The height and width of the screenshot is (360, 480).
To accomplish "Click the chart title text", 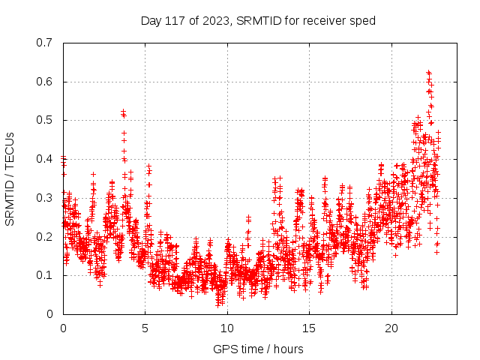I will point(258,20).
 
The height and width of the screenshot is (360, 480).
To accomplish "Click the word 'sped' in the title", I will point(363,20).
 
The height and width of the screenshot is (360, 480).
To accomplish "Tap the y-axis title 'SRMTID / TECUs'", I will point(10,178).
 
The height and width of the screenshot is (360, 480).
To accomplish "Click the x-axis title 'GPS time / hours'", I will point(258,349).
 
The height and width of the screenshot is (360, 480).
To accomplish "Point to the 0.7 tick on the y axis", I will point(46,43).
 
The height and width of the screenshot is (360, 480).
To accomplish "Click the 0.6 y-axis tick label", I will point(46,82).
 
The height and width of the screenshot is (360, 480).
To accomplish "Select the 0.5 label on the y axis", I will point(46,120).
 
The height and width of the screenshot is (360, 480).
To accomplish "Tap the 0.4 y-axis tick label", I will point(46,159).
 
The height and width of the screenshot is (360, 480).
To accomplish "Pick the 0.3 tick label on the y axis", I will point(46,198).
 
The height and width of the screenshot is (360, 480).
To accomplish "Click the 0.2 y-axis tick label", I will point(46,236).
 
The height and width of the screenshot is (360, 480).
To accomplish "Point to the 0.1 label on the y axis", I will point(46,275).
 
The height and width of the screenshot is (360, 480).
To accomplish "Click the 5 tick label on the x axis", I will point(145,328).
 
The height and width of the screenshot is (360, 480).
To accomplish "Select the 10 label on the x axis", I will point(227,328).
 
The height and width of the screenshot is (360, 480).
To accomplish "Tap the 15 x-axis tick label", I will point(310,328).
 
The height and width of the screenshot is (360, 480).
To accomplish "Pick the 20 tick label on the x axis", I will point(391,328).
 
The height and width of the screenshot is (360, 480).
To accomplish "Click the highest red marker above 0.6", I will point(428,72).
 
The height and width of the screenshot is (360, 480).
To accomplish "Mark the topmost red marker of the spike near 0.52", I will point(123,112).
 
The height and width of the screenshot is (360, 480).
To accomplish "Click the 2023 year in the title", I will point(213,20).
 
